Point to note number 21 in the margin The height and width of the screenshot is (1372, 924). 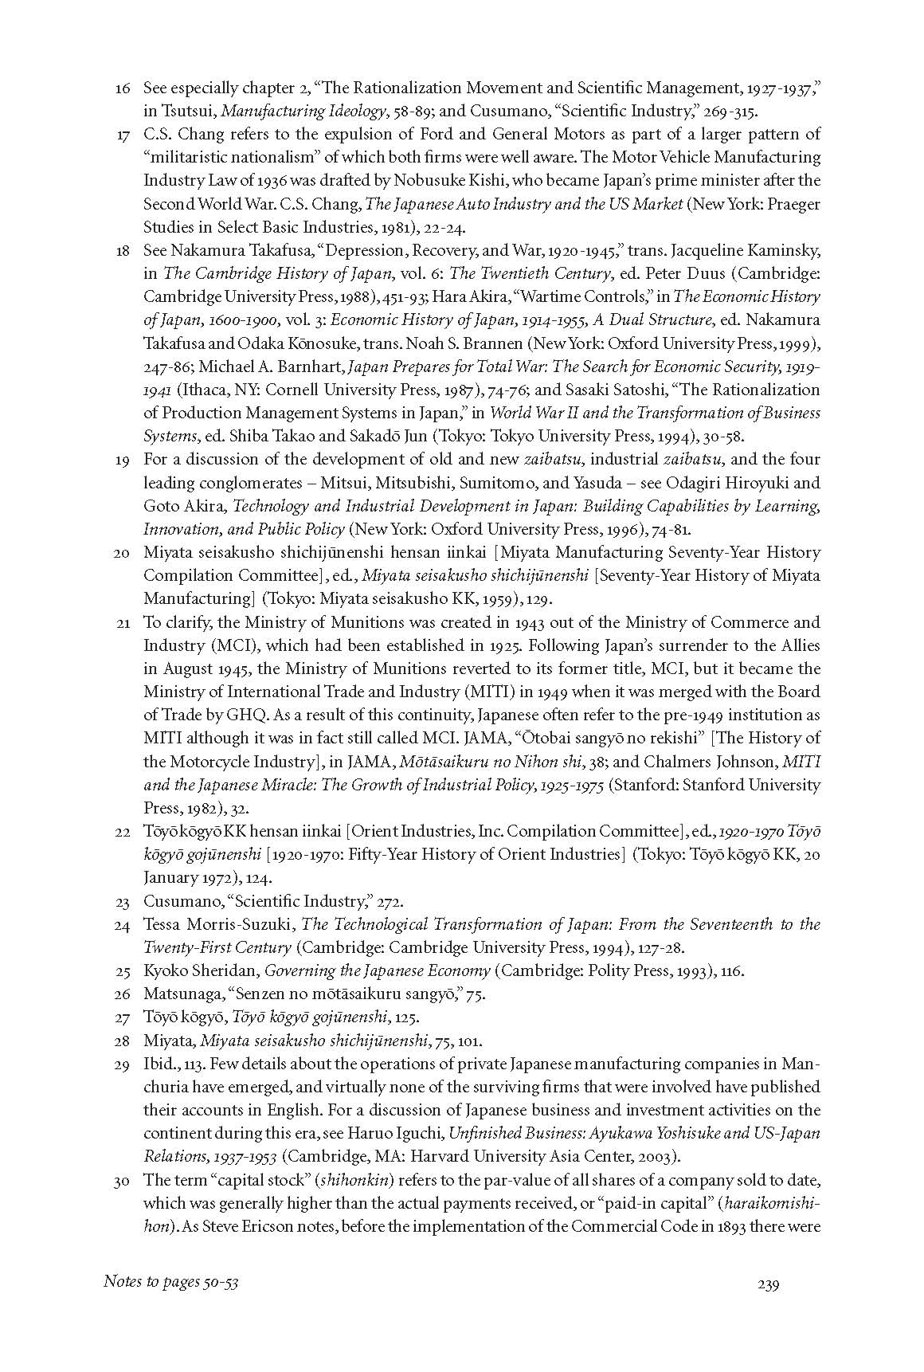(122, 622)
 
